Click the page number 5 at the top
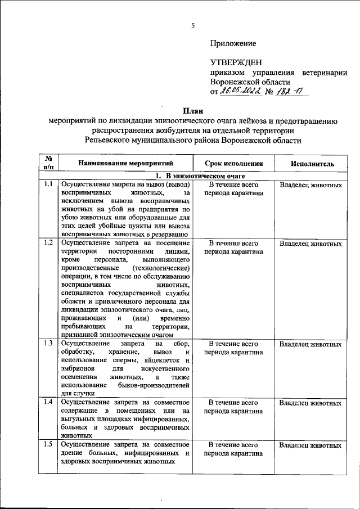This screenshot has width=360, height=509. click(x=192, y=26)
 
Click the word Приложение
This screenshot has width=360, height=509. click(x=233, y=43)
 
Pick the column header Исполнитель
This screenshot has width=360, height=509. click(x=313, y=164)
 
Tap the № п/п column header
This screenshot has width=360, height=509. click(x=48, y=163)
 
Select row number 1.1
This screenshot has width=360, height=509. click(x=48, y=184)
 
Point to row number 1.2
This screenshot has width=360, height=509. click(x=48, y=244)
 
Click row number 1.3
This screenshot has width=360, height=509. click(x=48, y=343)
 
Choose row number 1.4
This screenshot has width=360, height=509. click(x=48, y=403)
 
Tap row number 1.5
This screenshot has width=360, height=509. click(x=48, y=445)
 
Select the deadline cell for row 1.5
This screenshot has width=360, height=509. click(x=233, y=449)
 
